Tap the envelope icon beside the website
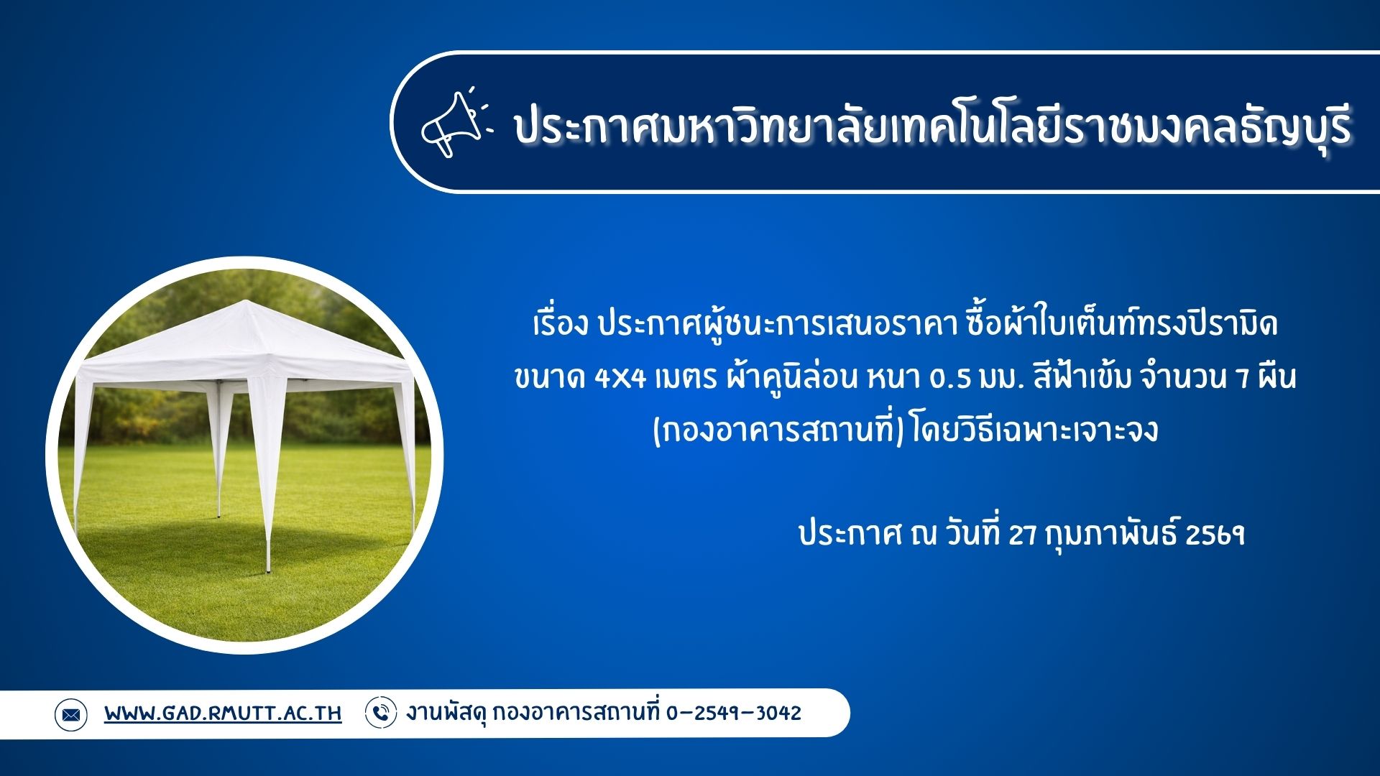pyautogui.click(x=70, y=714)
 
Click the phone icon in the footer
pyautogui.click(x=381, y=713)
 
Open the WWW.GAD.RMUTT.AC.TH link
pyautogui.click(x=223, y=713)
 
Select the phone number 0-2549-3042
pyautogui.click(x=733, y=713)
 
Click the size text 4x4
pyautogui.click(x=620, y=378)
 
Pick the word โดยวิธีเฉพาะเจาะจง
pyautogui.click(x=1034, y=431)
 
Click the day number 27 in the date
pyautogui.click(x=1023, y=535)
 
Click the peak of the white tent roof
pyautogui.click(x=247, y=302)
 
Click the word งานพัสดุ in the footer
pyautogui.click(x=447, y=713)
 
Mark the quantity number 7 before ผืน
pyautogui.click(x=1243, y=378)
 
